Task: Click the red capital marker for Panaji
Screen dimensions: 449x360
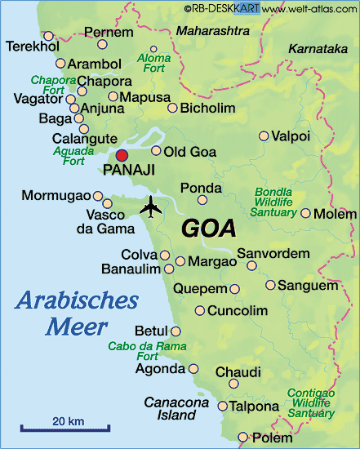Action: [122, 155]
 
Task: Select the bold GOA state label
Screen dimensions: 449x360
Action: [208, 228]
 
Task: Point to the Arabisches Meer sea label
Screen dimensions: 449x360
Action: [76, 313]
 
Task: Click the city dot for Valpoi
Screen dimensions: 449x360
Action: [263, 136]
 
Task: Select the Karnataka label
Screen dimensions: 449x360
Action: [318, 49]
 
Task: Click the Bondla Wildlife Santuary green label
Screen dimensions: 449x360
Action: [273, 202]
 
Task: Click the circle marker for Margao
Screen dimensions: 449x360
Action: [180, 261]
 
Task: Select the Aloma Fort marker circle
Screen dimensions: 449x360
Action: [153, 48]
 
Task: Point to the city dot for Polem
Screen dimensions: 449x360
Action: [242, 437]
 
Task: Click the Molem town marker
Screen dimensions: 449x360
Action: [305, 213]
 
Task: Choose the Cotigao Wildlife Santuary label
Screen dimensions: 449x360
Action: [311, 403]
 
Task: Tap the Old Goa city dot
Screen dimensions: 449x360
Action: [156, 151]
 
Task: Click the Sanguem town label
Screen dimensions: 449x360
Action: [307, 285]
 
